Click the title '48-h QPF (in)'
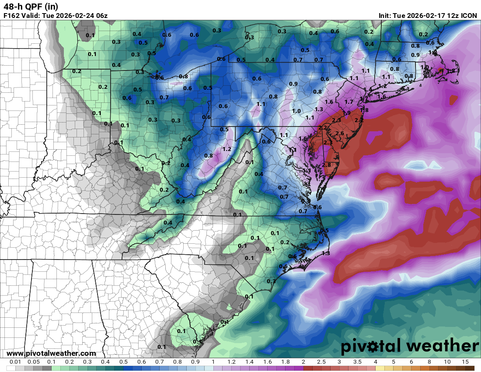31,7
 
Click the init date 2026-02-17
425,16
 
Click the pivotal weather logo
410,347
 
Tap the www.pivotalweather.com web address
51,353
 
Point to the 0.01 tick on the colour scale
16,362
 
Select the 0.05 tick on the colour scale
34,362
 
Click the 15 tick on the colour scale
465,362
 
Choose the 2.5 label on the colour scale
321,362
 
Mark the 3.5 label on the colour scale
357,362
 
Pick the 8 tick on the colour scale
429,362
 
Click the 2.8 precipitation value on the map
326,165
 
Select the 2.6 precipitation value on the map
339,133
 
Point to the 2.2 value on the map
323,127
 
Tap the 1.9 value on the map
346,113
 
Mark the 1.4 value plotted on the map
367,89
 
